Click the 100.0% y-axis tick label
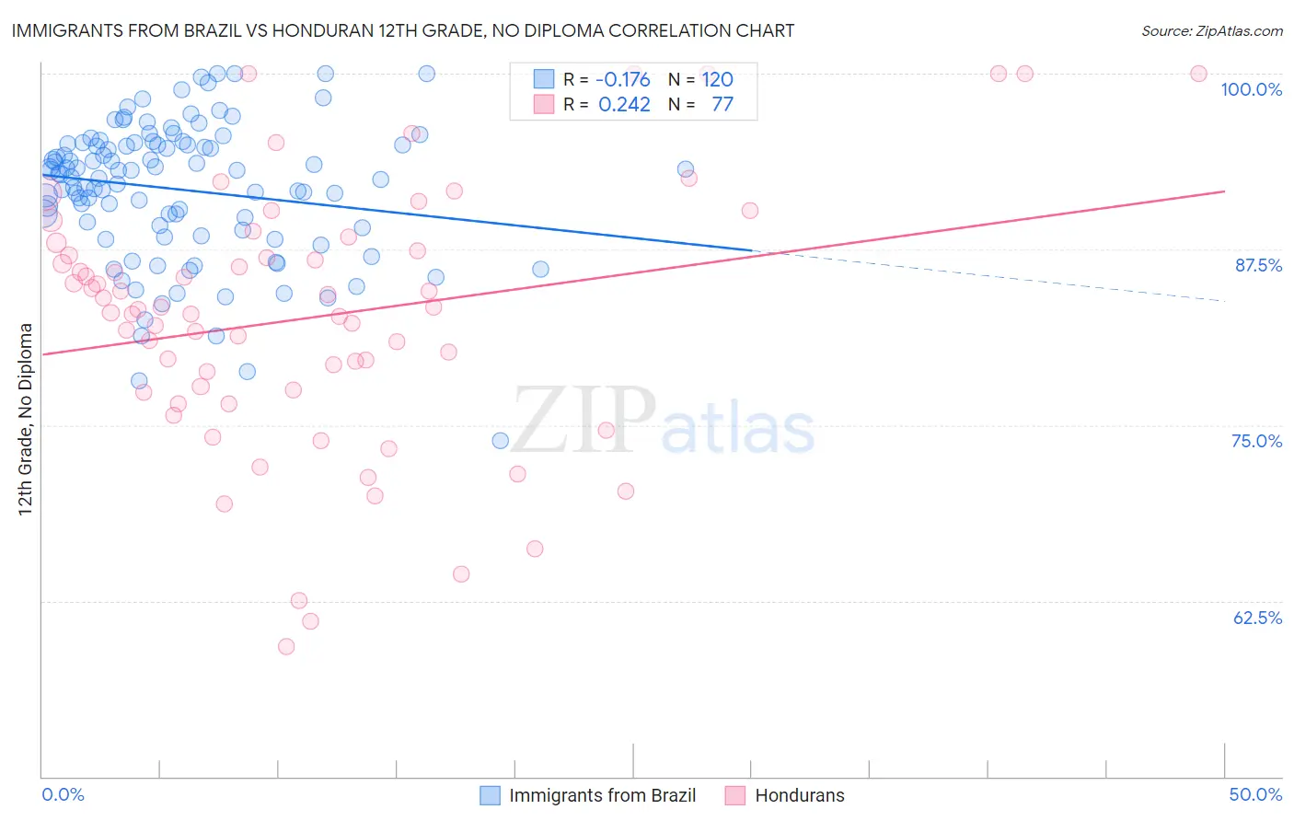(1251, 89)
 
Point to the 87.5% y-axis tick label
(1258, 265)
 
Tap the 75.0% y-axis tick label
(1256, 441)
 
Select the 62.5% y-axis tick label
(1257, 618)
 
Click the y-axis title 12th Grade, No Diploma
(26, 419)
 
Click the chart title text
(402, 30)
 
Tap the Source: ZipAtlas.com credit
(1211, 30)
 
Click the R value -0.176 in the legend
(623, 79)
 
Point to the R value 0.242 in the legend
(624, 104)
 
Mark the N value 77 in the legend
(722, 104)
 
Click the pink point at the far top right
(1198, 74)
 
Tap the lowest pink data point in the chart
(286, 646)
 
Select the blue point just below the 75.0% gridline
(501, 441)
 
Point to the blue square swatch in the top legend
(544, 79)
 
